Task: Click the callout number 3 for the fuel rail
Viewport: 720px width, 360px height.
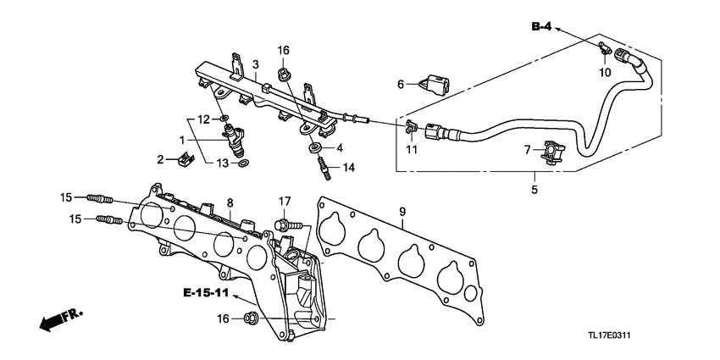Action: (255, 64)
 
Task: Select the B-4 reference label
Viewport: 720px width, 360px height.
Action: (541, 28)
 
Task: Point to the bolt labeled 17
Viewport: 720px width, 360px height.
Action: (283, 225)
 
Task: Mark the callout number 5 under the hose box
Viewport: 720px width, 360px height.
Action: (534, 191)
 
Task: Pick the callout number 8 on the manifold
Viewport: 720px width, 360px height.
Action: (229, 203)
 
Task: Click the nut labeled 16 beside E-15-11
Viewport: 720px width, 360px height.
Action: (251, 318)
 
